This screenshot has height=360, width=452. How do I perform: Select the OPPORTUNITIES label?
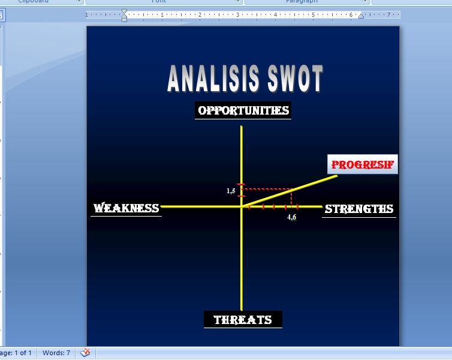point(243,110)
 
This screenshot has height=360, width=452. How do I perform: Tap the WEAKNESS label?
point(126,208)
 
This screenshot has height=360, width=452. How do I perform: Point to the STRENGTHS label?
point(358,209)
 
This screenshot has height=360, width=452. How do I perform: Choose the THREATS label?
point(243,320)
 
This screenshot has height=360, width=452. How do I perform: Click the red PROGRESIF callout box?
point(363,164)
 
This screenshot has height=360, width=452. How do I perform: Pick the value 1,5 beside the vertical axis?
point(231,191)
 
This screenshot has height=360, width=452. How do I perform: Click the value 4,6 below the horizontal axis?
point(292,217)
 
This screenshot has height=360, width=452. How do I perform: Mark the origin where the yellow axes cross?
point(241,206)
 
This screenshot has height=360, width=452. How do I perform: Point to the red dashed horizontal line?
point(267,189)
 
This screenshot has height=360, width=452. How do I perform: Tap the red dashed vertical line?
point(292,198)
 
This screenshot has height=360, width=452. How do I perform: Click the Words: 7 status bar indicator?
point(56,353)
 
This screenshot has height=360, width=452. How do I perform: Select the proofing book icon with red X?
point(86,353)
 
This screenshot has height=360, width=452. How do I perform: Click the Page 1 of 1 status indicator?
point(16,353)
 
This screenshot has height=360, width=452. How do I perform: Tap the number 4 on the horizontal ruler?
point(275,14)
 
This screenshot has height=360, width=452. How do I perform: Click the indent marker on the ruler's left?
point(124,14)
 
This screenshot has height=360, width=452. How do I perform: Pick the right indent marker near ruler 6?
point(361,16)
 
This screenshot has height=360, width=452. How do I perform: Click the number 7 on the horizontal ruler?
point(388,14)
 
